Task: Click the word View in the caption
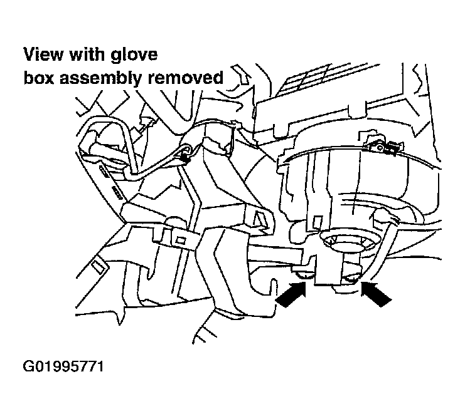[x=43, y=54]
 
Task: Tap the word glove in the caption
[x=134, y=55]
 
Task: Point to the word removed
[x=186, y=78]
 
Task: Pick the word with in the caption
[x=87, y=54]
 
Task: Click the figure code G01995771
[x=63, y=366]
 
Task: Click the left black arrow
[x=291, y=295]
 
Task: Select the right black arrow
[x=376, y=294]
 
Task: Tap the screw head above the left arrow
[x=304, y=274]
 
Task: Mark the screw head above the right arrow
[x=352, y=278]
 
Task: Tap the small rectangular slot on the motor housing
[x=318, y=222]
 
